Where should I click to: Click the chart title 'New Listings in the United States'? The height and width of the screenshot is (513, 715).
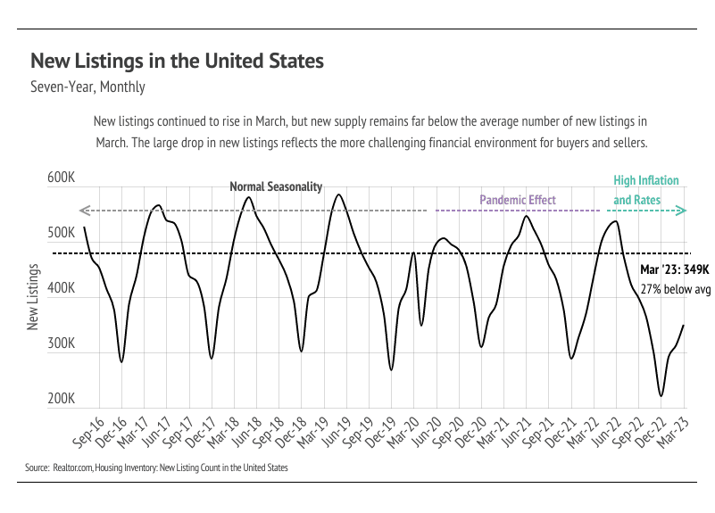click(177, 62)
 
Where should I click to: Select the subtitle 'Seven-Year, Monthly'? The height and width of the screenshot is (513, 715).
click(87, 87)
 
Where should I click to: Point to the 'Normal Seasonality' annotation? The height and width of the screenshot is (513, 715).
click(276, 187)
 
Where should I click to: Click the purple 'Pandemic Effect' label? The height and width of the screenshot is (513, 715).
click(518, 201)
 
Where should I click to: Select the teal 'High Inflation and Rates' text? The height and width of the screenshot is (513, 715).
click(645, 191)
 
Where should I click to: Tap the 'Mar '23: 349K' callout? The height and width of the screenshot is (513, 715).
click(675, 269)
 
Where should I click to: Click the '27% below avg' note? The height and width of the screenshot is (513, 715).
click(675, 289)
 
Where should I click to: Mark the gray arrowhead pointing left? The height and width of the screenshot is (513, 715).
click(85, 211)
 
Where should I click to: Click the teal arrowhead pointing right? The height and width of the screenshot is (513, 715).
click(681, 211)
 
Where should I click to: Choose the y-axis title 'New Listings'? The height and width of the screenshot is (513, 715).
click(33, 297)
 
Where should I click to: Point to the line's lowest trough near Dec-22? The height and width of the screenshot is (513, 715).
click(661, 396)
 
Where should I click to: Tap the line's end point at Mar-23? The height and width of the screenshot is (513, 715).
click(684, 325)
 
